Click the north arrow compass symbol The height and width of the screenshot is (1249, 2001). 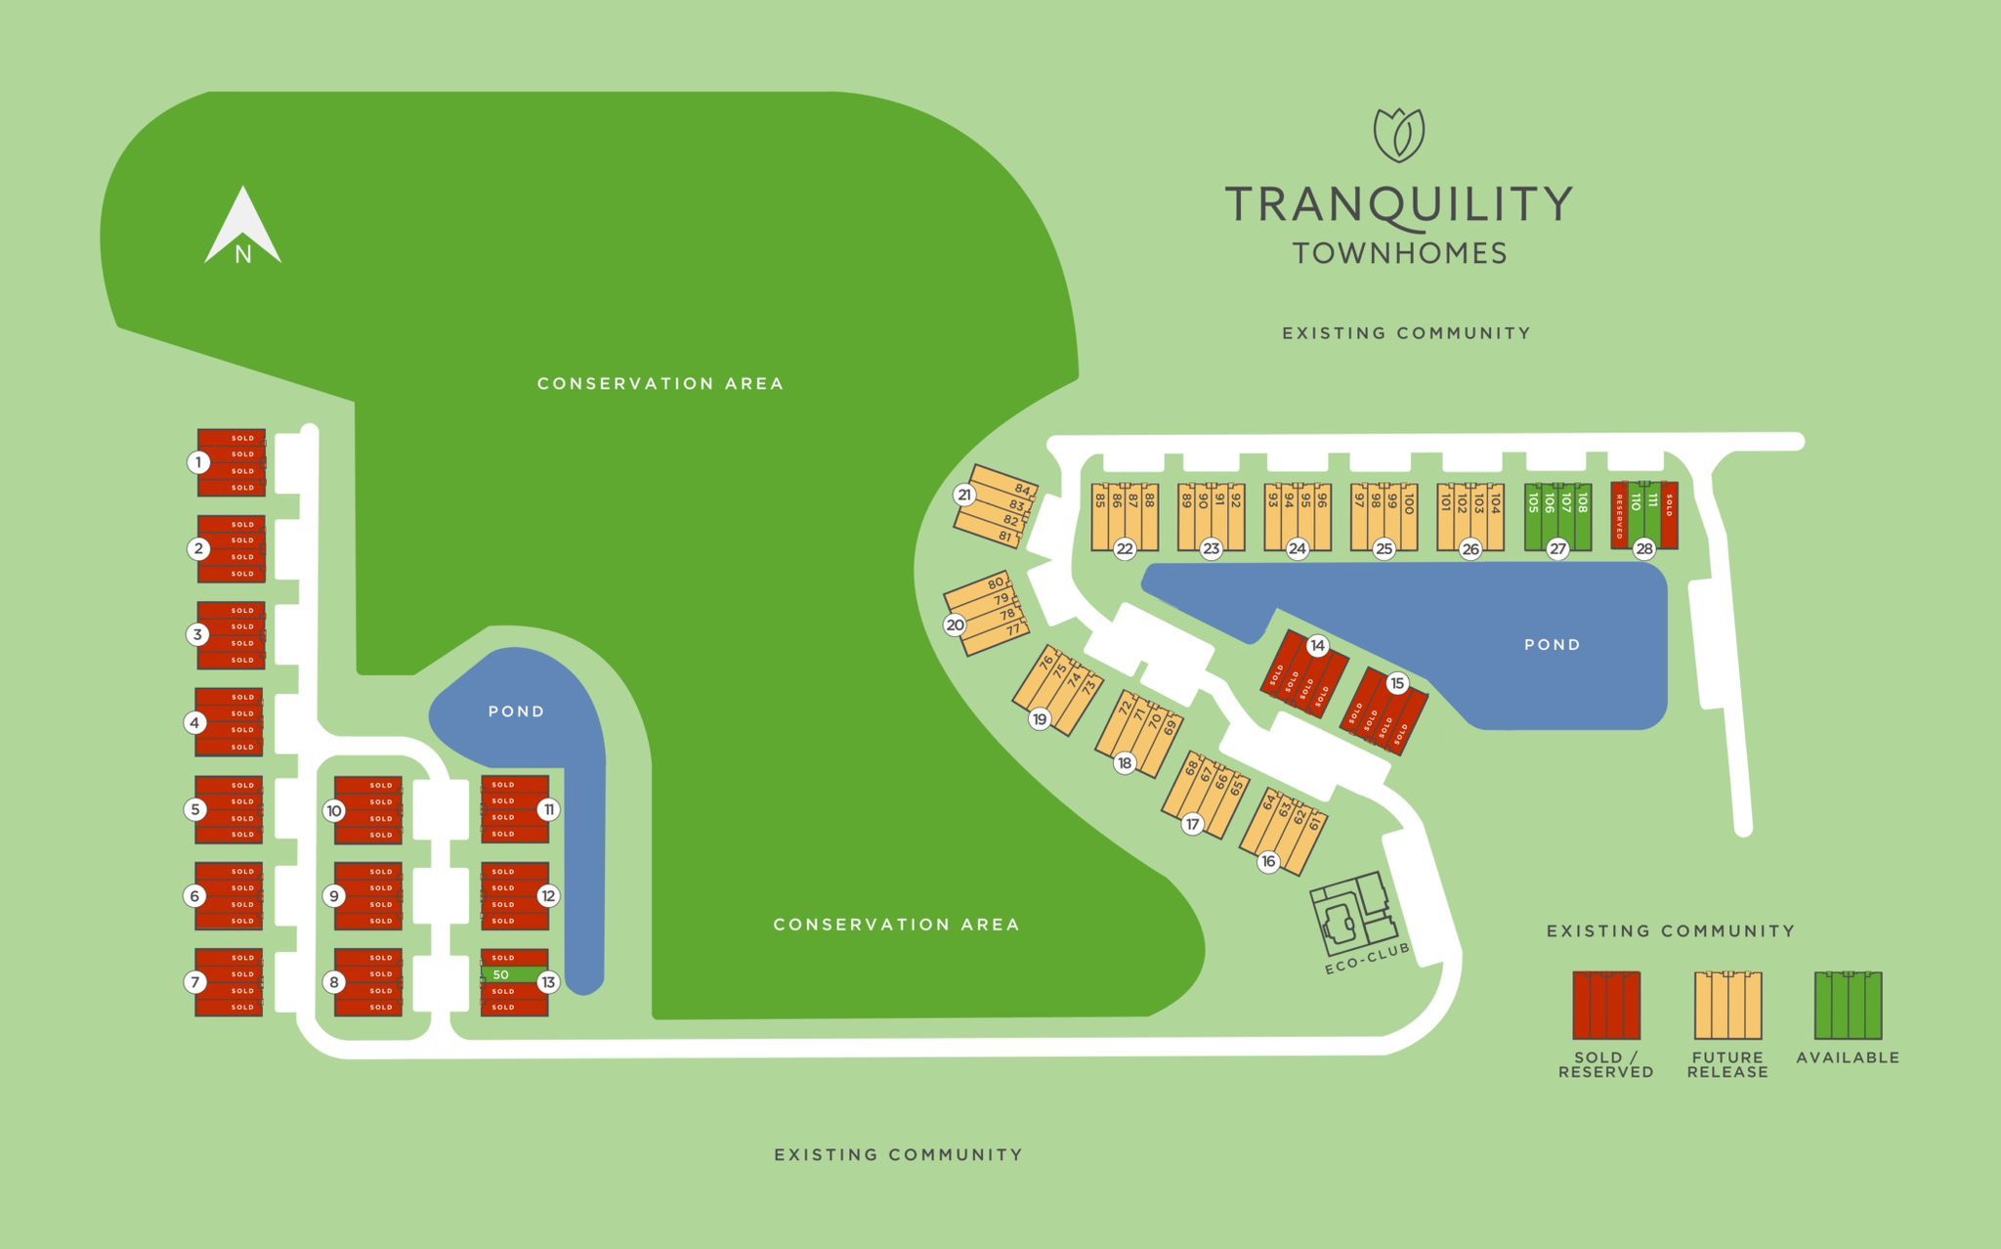tap(242, 229)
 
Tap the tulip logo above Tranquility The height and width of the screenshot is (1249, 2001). tap(1398, 135)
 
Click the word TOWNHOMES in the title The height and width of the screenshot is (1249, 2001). tap(1399, 253)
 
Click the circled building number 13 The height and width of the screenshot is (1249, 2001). tap(548, 982)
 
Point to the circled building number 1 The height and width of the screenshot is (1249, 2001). tap(198, 462)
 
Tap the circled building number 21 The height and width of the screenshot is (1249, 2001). tap(964, 495)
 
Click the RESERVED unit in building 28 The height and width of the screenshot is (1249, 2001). tap(1619, 516)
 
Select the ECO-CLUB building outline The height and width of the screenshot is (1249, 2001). tap(1353, 916)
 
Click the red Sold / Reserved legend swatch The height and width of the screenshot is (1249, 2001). tap(1605, 1005)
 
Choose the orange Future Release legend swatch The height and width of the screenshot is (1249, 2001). tap(1727, 1005)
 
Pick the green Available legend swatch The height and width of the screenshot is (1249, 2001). tap(1848, 1005)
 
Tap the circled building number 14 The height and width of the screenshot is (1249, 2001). tap(1318, 645)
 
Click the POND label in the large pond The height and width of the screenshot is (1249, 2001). tap(1552, 645)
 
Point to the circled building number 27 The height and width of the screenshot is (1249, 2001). tap(1557, 549)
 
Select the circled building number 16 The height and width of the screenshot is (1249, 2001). tap(1268, 861)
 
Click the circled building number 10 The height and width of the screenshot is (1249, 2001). tap(334, 810)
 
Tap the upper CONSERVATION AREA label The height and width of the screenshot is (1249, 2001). tap(660, 383)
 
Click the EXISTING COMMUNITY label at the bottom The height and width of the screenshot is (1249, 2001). tap(898, 1155)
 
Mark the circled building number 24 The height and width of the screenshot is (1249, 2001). tap(1298, 549)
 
